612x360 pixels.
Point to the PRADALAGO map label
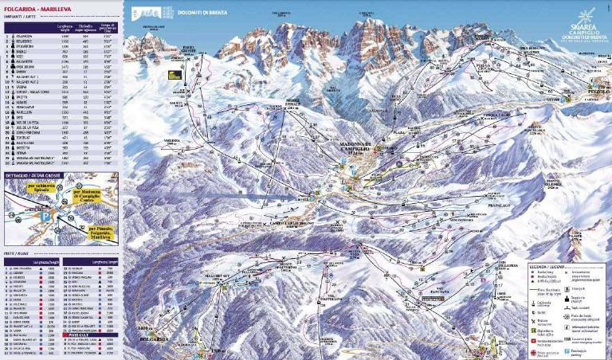pos(477,205)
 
